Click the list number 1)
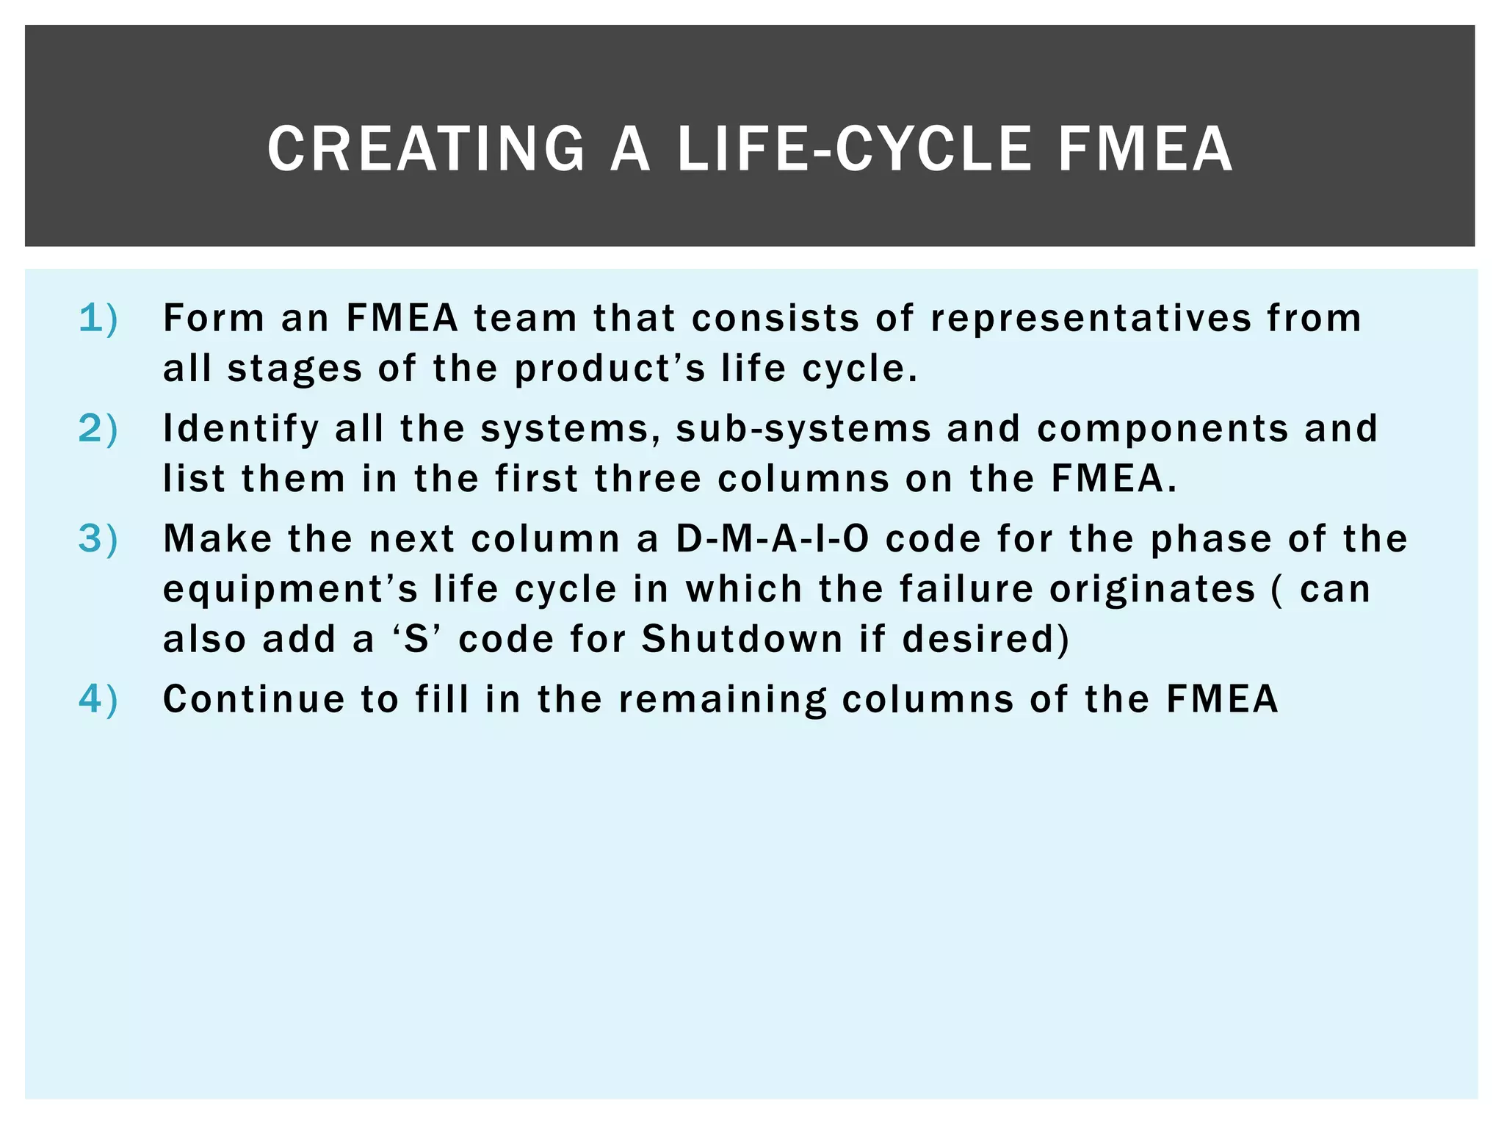[98, 319]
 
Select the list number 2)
[98, 429]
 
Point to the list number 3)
[98, 539]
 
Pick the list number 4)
[98, 699]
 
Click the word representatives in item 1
[1091, 319]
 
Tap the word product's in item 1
[610, 369]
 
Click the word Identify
[241, 429]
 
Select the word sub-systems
[803, 429]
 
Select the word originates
[1152, 589]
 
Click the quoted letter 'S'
[417, 639]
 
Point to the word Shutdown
[742, 639]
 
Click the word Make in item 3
[217, 539]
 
